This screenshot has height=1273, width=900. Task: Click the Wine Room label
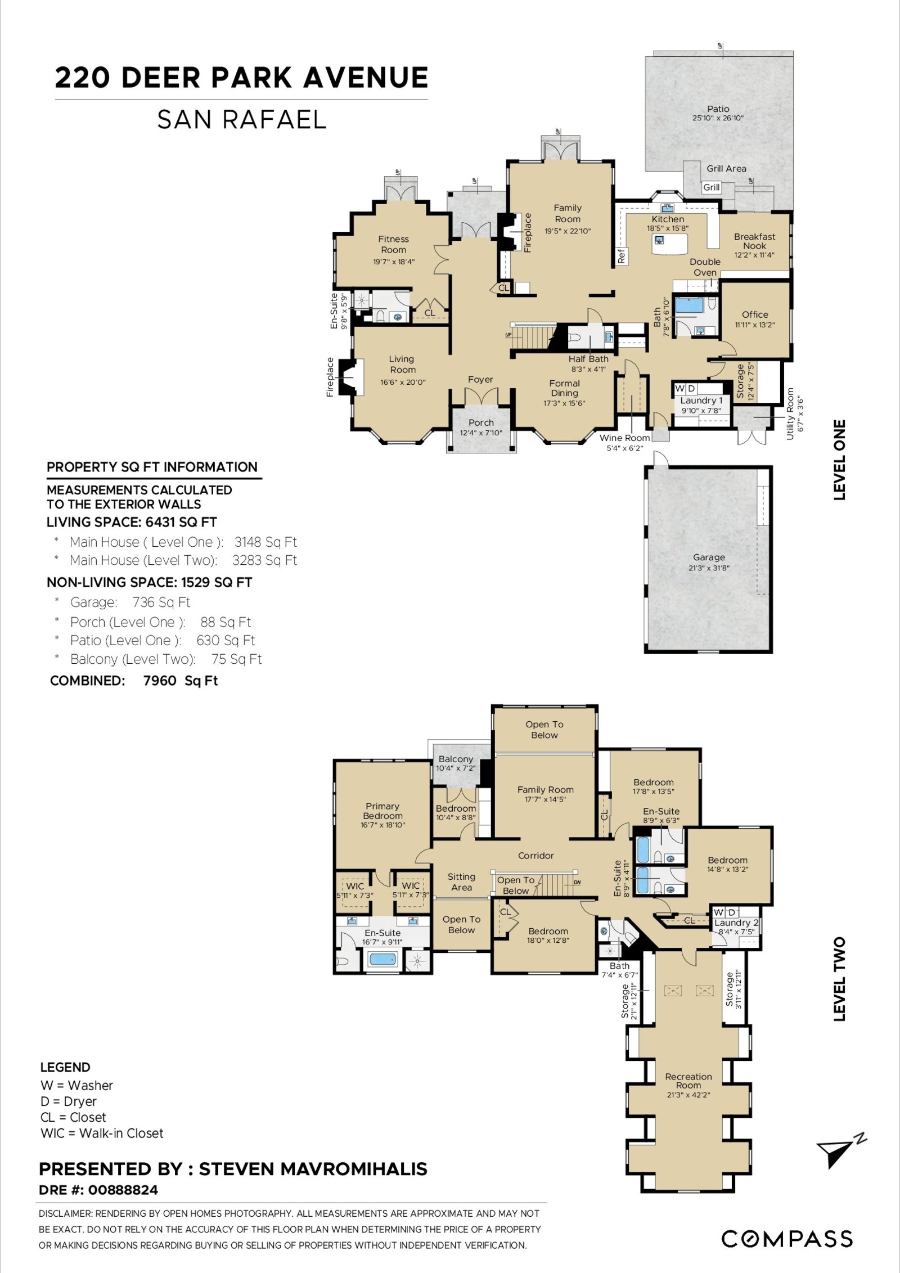point(624,438)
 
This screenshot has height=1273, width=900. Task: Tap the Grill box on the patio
point(712,187)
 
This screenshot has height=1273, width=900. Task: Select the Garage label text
point(709,557)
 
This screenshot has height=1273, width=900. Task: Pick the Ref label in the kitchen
point(622,256)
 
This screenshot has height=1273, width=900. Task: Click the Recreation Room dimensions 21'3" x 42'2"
point(688,1095)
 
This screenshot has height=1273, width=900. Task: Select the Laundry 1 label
point(701,401)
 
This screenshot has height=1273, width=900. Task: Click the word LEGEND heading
point(65,1068)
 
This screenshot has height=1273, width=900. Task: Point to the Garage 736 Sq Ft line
point(130,602)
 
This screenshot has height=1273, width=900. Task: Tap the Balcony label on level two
point(456,759)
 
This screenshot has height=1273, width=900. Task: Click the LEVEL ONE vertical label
point(839,460)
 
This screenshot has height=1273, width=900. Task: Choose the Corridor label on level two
point(535,855)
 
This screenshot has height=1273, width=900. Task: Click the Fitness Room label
point(393,244)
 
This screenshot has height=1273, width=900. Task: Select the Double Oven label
point(705,267)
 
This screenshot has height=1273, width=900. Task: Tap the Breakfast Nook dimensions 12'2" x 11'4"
point(754,255)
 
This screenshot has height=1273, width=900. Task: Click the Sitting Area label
point(461,881)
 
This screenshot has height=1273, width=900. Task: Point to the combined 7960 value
point(160,681)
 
